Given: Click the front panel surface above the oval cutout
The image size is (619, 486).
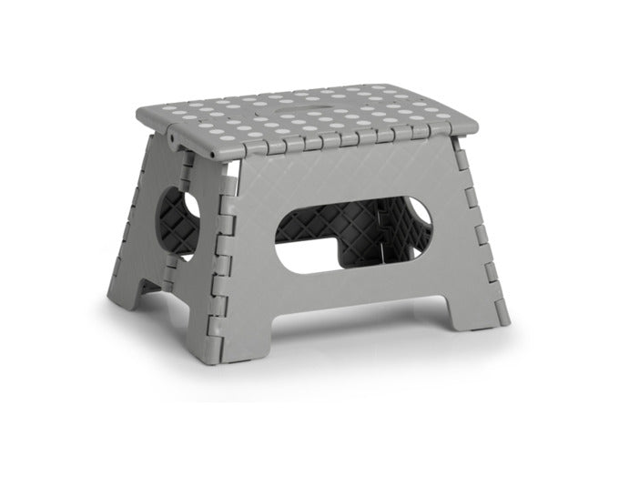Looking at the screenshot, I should (x=355, y=177).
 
